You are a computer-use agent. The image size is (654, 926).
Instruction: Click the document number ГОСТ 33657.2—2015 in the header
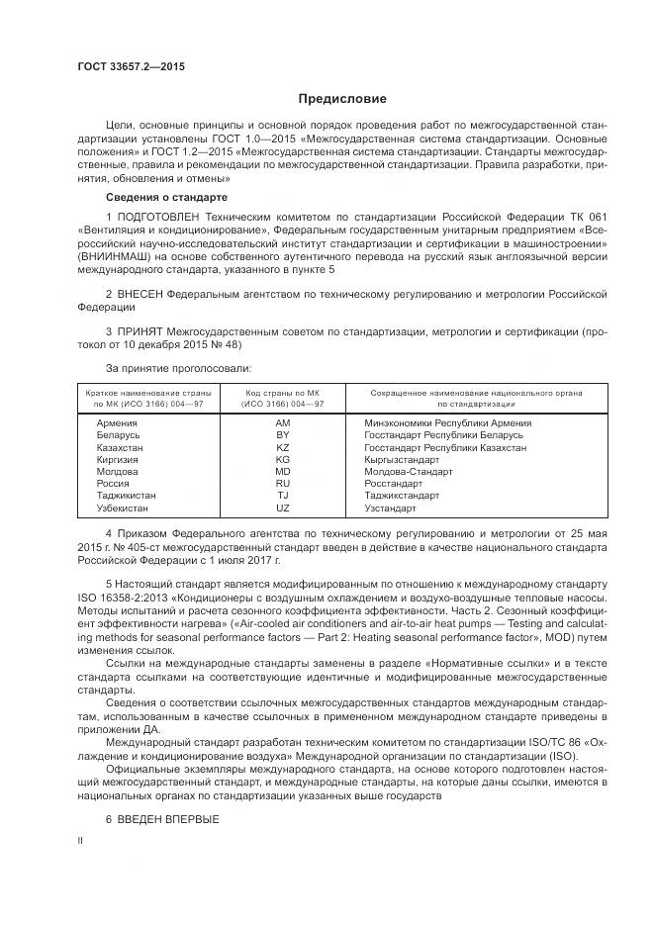(131, 67)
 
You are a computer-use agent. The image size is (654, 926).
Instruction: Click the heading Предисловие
(342, 99)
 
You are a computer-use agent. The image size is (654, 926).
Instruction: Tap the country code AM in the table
(283, 422)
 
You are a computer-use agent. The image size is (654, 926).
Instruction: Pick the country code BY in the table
(283, 435)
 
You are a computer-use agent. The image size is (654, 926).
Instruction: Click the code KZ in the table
(283, 447)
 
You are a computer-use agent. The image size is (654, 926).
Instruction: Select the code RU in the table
(283, 483)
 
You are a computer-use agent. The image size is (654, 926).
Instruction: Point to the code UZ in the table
(283, 508)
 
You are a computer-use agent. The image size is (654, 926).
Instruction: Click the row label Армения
(118, 422)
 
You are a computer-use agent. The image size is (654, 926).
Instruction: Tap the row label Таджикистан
(128, 496)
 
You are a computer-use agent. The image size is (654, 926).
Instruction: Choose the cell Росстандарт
(393, 483)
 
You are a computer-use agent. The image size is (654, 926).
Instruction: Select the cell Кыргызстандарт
(402, 459)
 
